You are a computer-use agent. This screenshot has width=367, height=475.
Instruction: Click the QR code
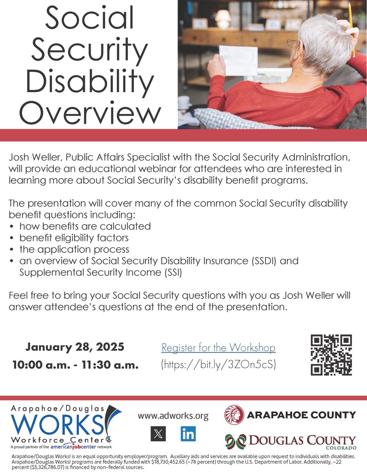[x=331, y=355]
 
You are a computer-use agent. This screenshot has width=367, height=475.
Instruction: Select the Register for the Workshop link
[x=218, y=348]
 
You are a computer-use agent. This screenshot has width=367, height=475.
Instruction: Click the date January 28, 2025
[x=75, y=348]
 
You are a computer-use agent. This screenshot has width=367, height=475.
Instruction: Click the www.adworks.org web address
[x=173, y=416]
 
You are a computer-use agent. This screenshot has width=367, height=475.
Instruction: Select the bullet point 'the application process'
[x=74, y=250]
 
